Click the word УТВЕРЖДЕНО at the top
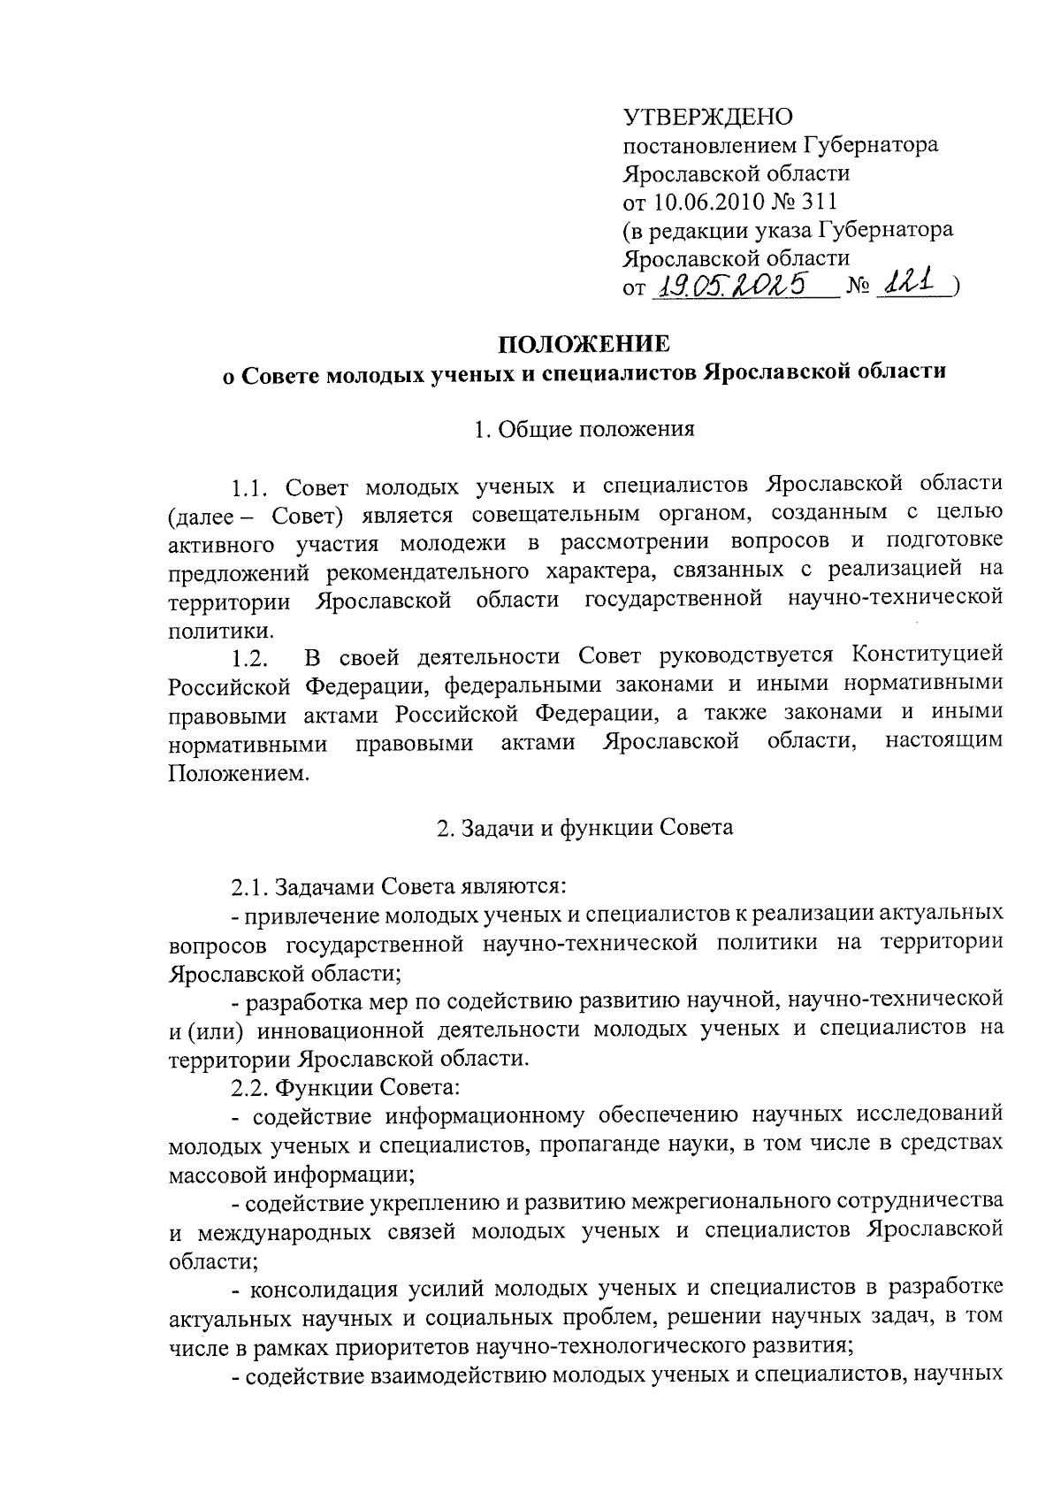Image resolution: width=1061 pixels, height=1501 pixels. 708,117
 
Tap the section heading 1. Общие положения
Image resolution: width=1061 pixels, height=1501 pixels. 584,430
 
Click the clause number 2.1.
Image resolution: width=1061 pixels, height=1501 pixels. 250,886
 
